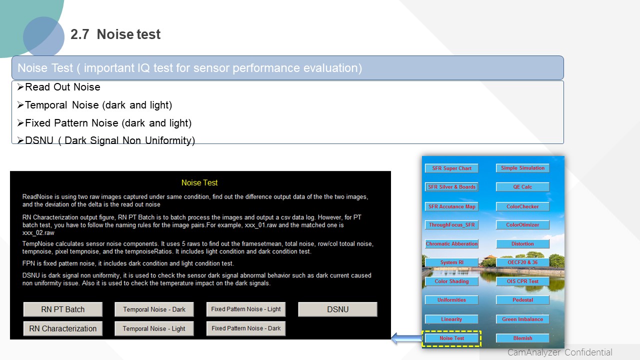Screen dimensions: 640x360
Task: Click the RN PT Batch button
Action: (63, 309)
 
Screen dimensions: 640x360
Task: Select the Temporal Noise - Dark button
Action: (154, 309)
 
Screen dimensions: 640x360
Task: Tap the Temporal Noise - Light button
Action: (154, 328)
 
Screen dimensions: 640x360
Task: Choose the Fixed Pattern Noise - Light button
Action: (246, 309)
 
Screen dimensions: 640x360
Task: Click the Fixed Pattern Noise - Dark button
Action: (246, 328)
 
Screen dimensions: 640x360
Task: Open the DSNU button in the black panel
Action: (337, 309)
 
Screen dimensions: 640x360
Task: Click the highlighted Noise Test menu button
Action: (451, 338)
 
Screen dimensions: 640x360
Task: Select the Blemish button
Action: (522, 338)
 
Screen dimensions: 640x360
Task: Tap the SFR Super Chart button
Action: (451, 168)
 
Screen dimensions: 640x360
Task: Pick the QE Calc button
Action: (522, 187)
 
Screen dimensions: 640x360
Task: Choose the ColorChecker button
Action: (522, 206)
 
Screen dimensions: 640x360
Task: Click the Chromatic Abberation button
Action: (451, 243)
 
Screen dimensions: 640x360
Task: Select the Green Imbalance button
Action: (522, 319)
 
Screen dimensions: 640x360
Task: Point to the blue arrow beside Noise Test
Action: (407, 338)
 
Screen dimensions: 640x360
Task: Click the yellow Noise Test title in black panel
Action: (199, 182)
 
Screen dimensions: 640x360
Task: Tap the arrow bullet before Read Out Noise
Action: (20, 87)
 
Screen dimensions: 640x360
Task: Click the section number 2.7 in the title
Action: (79, 34)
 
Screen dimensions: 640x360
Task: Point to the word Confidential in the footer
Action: (588, 352)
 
